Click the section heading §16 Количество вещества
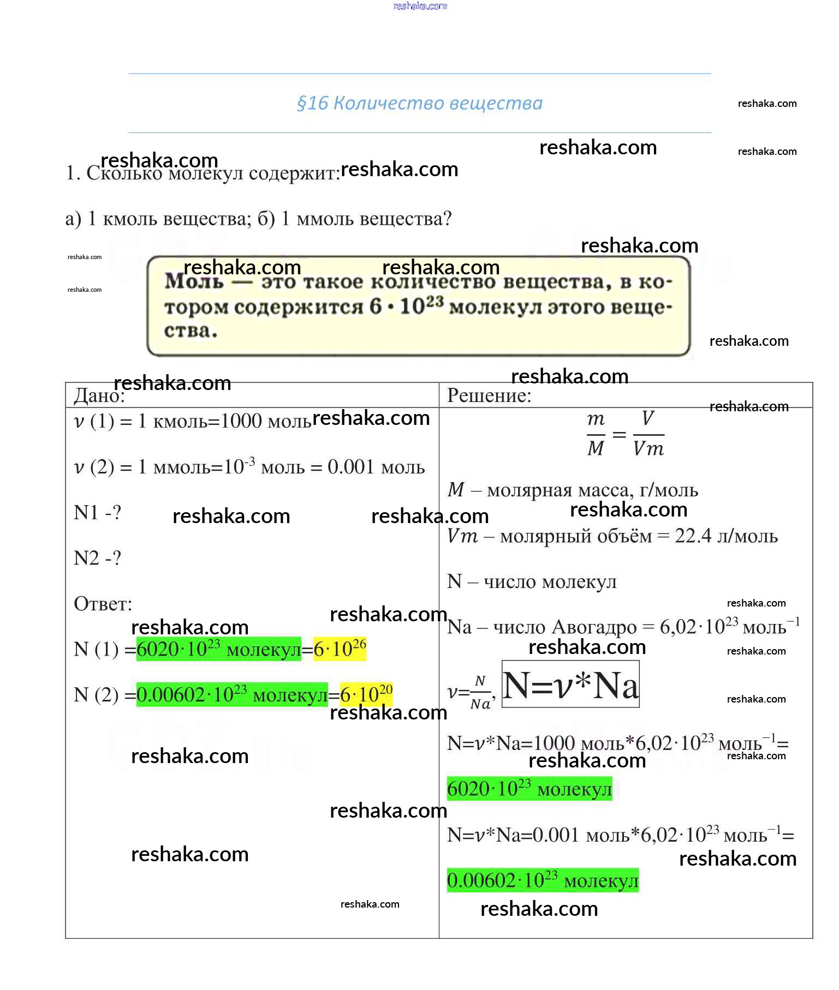pyautogui.click(x=419, y=103)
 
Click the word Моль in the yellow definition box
pyautogui.click(x=194, y=281)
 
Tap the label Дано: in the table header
pyautogui.click(x=99, y=395)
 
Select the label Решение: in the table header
pyautogui.click(x=489, y=395)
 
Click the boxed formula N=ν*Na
pyautogui.click(x=570, y=685)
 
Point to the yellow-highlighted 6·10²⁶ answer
pyautogui.click(x=340, y=649)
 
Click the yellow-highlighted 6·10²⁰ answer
pyautogui.click(x=366, y=694)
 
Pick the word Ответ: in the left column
pyautogui.click(x=103, y=604)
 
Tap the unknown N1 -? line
pyautogui.click(x=97, y=513)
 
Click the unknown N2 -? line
pyautogui.click(x=97, y=558)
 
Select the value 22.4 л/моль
pyautogui.click(x=726, y=536)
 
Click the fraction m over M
pyautogui.click(x=596, y=434)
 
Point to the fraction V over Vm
pyautogui.click(x=648, y=434)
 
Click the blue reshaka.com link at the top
pyautogui.click(x=420, y=6)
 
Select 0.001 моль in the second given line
pyautogui.click(x=376, y=467)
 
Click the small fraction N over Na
pyautogui.click(x=480, y=693)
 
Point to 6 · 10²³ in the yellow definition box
pyautogui.click(x=406, y=306)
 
